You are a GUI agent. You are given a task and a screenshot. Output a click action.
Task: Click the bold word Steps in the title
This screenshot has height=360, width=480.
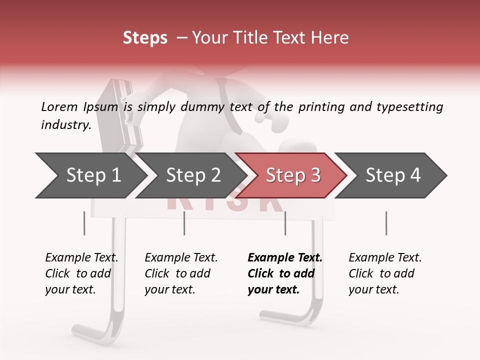tap(145, 38)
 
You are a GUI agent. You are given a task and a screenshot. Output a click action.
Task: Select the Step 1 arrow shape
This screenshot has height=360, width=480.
tap(92, 175)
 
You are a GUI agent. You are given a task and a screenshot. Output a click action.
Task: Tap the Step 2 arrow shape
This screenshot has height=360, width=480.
tap(192, 175)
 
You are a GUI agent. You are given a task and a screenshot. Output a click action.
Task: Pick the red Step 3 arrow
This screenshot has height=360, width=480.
tap(292, 175)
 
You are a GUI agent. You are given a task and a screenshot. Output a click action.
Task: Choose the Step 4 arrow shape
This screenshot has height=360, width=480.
tap(392, 175)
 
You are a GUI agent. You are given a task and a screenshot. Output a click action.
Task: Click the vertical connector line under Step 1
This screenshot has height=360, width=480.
tap(84, 223)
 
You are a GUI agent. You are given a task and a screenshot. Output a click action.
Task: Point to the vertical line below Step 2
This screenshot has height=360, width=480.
tap(184, 223)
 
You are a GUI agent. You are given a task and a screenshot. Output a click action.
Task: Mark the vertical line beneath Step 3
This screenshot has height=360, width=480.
tap(285, 223)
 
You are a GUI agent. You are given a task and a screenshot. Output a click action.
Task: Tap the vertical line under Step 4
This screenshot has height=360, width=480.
tap(386, 223)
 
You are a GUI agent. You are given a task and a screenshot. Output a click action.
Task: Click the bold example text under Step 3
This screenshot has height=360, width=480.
tap(284, 273)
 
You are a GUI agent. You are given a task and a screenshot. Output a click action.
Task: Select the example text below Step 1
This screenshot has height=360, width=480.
tap(81, 273)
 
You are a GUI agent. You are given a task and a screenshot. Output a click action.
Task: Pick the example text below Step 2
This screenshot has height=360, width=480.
tap(180, 273)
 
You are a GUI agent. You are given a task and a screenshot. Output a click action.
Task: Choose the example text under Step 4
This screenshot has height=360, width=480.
tap(384, 273)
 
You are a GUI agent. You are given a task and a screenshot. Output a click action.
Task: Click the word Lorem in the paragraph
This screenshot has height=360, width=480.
tap(59, 107)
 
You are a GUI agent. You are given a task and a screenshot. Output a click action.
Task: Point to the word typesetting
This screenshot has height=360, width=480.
tap(409, 107)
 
